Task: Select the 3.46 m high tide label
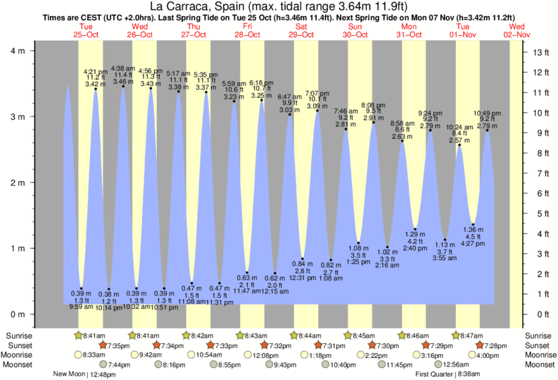[122, 82]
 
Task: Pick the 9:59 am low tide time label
[81, 307]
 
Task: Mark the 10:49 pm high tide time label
[487, 114]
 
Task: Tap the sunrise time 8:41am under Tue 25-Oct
[93, 335]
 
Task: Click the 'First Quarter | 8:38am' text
[448, 374]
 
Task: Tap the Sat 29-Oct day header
[301, 30]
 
